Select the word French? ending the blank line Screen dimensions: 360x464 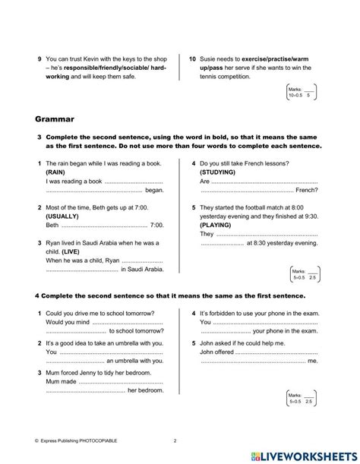[x=305, y=191]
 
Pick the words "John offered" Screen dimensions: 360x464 [x=221, y=352]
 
